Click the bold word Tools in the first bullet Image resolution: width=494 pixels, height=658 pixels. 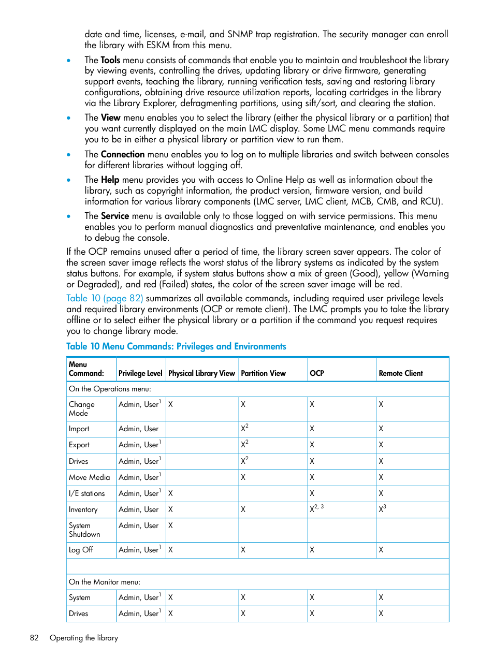click(110, 60)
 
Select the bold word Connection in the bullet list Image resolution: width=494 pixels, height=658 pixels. click(122, 154)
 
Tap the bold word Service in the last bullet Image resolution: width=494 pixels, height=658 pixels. click(114, 216)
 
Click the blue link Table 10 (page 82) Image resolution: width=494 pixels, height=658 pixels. click(104, 298)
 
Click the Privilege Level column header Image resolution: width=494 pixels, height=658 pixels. click(140, 373)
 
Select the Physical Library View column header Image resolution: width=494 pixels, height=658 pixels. click(201, 373)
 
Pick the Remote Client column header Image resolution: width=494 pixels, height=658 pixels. click(400, 373)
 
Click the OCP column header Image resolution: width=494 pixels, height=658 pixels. click(316, 373)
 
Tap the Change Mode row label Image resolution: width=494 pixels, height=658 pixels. click(81, 408)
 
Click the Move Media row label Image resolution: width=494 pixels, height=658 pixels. click(89, 477)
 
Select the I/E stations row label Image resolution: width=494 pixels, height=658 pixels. click(86, 493)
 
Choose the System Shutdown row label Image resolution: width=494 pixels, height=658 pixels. click(84, 530)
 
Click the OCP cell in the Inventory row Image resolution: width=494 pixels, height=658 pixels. click(316, 509)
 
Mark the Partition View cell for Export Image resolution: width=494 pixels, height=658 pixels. click(244, 444)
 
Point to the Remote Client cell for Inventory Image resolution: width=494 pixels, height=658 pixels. click(382, 509)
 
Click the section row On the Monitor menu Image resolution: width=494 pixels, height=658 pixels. click(104, 582)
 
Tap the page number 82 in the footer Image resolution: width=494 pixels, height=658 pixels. click(34, 638)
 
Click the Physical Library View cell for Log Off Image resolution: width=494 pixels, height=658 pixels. click(170, 550)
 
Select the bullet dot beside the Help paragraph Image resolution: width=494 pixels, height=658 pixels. click(68, 180)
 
